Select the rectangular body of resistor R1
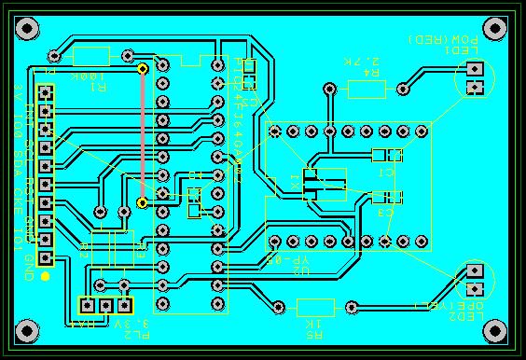91,56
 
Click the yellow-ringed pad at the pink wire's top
143,68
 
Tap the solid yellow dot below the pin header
45,276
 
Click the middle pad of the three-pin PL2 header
105,305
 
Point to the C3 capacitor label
385,215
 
